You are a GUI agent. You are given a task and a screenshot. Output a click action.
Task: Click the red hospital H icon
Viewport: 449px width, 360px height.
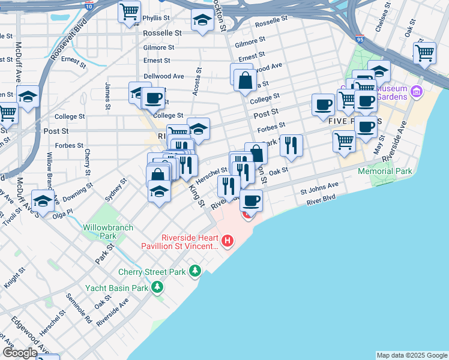click(x=228, y=241)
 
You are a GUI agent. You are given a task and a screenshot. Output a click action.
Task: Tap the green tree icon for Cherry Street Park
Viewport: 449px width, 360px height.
click(x=194, y=272)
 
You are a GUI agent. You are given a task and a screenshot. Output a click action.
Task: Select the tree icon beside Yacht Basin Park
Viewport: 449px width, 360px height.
click(x=157, y=287)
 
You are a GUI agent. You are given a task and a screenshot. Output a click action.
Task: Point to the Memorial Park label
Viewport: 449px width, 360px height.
click(x=385, y=171)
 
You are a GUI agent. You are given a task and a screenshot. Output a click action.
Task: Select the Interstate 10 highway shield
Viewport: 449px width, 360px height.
click(x=89, y=6)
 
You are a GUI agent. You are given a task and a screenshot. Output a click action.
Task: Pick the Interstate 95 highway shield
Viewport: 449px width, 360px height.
click(x=360, y=39)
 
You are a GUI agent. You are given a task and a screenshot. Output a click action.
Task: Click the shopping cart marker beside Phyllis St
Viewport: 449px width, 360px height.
click(x=129, y=12)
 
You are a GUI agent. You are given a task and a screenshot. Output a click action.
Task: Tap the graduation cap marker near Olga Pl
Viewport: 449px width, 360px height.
click(x=43, y=201)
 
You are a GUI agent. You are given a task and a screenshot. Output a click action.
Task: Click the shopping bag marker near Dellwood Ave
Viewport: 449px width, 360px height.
click(x=245, y=79)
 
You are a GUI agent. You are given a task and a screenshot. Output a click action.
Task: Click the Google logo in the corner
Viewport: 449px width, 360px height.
click(x=20, y=353)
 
